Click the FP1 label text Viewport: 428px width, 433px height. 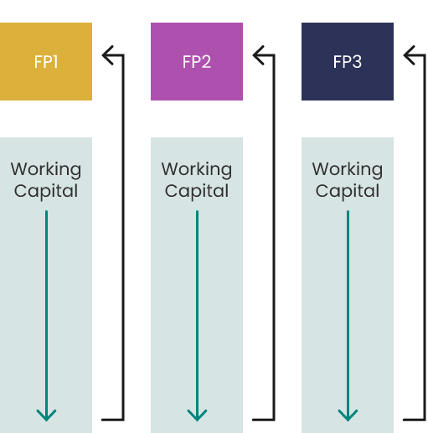[x=46, y=62]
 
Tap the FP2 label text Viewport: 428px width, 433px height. [x=197, y=62]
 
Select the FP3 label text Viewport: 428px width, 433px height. [x=348, y=62]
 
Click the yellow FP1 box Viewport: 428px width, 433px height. [x=46, y=61]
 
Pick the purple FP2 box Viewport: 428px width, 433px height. [x=197, y=61]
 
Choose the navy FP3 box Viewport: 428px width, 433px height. [x=348, y=61]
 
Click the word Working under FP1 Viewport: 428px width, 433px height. [x=46, y=170]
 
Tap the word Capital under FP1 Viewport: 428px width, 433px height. [x=46, y=192]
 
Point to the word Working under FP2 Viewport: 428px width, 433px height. [x=197, y=170]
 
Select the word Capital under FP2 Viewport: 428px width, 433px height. [x=197, y=192]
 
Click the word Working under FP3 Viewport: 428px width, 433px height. [x=348, y=170]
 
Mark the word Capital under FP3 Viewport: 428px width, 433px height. [x=348, y=192]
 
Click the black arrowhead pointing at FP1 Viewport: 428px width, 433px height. [x=106, y=55]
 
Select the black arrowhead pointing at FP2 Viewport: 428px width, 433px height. [x=257, y=55]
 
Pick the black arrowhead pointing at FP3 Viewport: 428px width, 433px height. [x=408, y=55]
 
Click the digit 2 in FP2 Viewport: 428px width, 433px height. [x=206, y=62]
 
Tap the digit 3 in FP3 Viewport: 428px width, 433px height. [x=357, y=62]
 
